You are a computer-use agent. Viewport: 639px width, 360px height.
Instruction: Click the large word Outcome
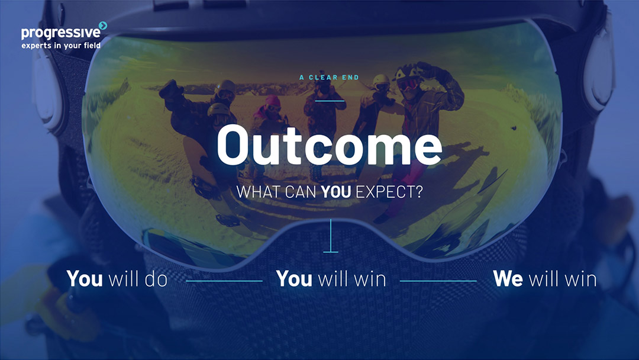click(330, 144)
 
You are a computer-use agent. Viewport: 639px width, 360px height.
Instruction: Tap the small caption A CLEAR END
click(330, 78)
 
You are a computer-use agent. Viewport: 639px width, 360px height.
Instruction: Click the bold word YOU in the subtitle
click(336, 192)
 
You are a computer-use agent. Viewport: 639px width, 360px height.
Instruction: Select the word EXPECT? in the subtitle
click(389, 192)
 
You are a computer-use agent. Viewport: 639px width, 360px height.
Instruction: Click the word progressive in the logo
click(61, 33)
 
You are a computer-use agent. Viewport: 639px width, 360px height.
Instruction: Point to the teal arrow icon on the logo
click(103, 25)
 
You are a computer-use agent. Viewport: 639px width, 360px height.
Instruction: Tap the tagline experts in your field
click(61, 45)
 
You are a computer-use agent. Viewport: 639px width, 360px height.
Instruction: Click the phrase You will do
click(117, 279)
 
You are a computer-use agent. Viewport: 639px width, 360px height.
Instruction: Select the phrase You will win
click(331, 279)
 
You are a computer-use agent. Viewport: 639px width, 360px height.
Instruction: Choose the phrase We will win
click(545, 279)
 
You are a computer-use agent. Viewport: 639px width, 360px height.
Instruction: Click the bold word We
click(508, 279)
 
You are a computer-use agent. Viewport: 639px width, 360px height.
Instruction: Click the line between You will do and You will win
click(224, 281)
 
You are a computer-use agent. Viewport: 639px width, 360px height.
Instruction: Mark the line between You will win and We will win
click(438, 281)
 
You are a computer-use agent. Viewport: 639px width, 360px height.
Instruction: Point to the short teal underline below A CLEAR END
click(330, 101)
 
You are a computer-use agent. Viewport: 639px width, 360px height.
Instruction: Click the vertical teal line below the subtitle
click(331, 236)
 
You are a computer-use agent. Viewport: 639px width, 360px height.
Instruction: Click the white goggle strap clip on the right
click(598, 67)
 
